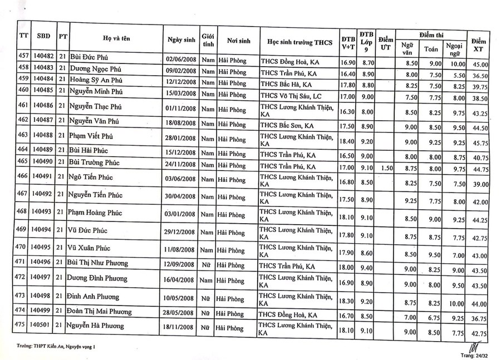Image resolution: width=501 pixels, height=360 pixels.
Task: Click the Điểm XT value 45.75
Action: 480,144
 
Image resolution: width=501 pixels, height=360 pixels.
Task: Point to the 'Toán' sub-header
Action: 431,49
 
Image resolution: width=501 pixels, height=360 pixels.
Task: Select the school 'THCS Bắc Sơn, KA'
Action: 287,125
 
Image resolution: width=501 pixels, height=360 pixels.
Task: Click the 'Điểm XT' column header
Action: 479,45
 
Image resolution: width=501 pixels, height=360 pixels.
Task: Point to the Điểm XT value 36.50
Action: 480,76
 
